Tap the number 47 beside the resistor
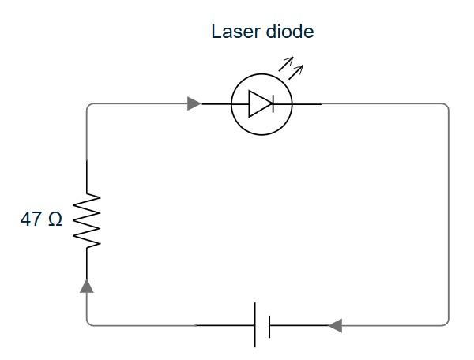(31, 219)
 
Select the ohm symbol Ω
(55, 219)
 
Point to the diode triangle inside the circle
(261, 104)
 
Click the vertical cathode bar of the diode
(273, 104)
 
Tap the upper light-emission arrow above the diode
(286, 64)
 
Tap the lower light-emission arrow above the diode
(295, 73)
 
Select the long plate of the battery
(255, 325)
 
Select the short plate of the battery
(269, 327)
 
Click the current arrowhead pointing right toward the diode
(194, 103)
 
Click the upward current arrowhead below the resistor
(87, 286)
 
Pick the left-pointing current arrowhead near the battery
(335, 325)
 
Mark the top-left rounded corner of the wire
(88, 106)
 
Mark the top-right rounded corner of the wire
(447, 106)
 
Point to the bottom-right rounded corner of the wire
(447, 324)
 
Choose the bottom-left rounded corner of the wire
(88, 324)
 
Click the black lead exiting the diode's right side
(307, 104)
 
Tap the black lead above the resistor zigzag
(87, 177)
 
